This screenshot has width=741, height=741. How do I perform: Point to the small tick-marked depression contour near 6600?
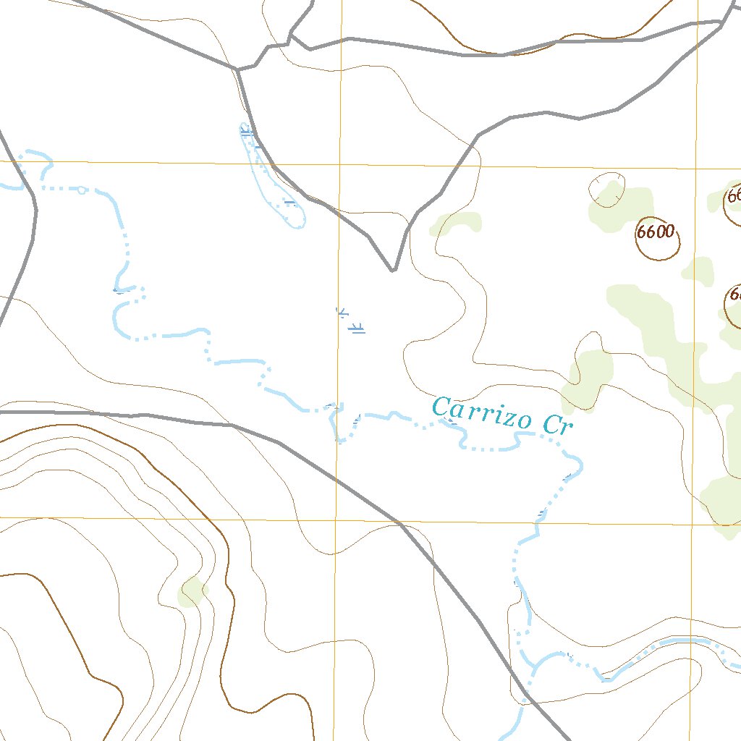coord(608,190)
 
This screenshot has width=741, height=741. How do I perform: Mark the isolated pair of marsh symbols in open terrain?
coord(350,321)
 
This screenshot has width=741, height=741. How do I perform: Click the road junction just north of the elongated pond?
coord(237,69)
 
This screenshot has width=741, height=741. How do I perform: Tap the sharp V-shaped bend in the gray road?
coord(393,270)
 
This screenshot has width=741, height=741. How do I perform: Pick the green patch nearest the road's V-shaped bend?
coord(454,224)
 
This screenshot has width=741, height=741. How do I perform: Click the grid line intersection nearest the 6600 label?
coord(696,168)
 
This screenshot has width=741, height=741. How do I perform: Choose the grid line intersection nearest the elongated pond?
coord(339,164)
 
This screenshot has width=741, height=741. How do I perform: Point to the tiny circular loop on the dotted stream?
coord(82,190)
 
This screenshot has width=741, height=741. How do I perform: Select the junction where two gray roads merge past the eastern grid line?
coord(722,24)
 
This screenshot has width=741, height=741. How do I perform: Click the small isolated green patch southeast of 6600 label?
coord(698,271)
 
